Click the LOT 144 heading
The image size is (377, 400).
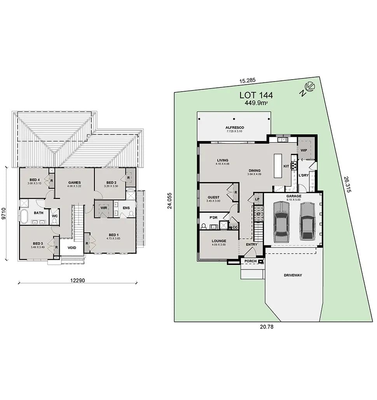(256, 95)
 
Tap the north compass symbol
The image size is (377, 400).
(308, 88)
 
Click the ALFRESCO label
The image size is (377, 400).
(234, 128)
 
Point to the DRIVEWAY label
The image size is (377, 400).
(293, 275)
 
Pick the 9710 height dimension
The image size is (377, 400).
(4, 213)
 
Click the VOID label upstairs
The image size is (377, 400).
(72, 248)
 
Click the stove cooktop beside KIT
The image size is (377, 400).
(294, 164)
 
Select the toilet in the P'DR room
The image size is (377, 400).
(204, 226)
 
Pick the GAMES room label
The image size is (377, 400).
(75, 183)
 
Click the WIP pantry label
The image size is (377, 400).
(304, 150)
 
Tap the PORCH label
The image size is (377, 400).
(250, 261)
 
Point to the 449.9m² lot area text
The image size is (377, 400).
(256, 103)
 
